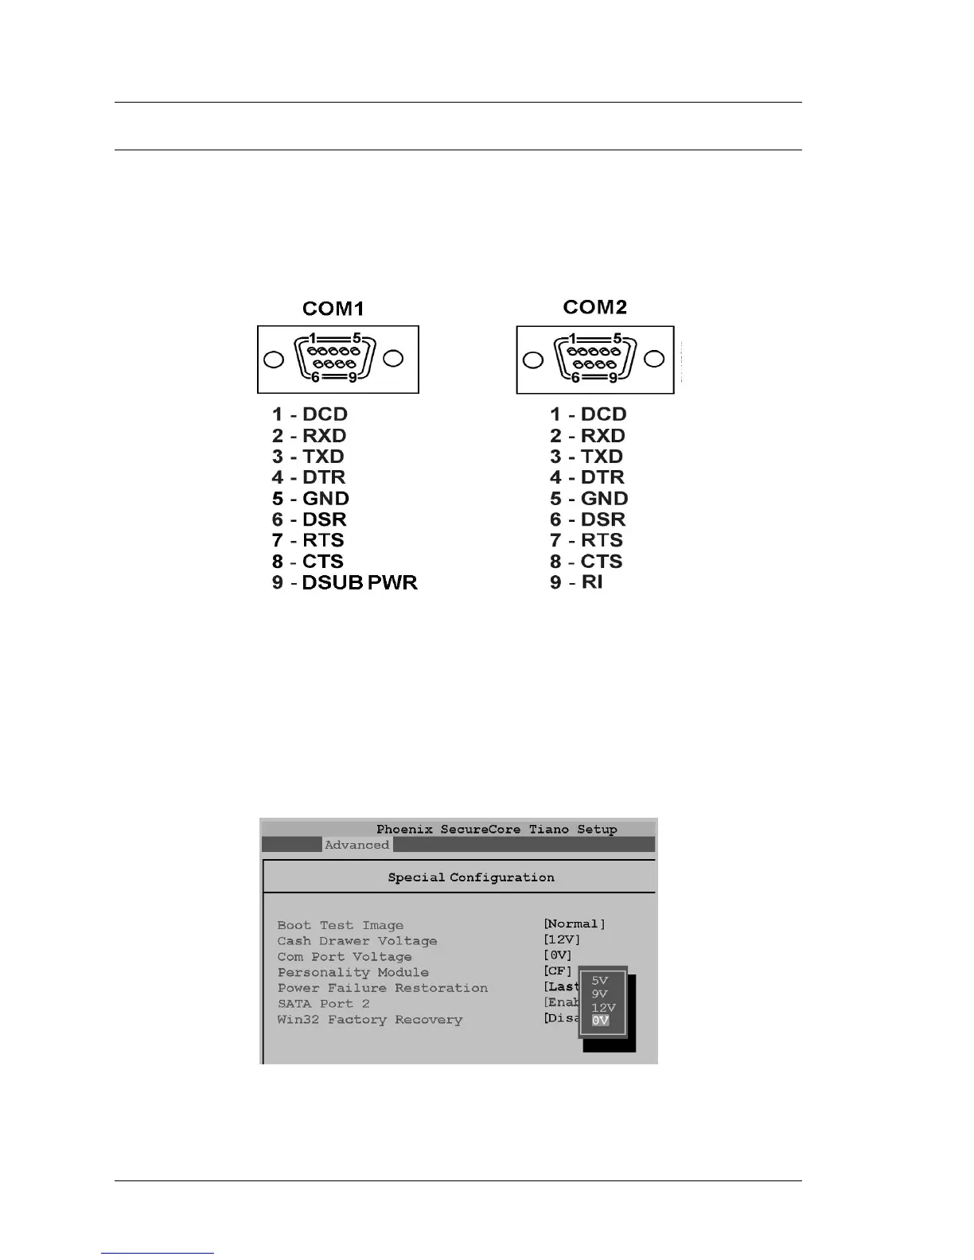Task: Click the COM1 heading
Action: pyautogui.click(x=333, y=309)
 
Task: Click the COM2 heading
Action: pyautogui.click(x=594, y=307)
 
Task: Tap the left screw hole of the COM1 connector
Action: pyautogui.click(x=274, y=360)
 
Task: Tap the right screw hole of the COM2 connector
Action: pyautogui.click(x=654, y=359)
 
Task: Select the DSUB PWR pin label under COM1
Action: pyautogui.click(x=360, y=582)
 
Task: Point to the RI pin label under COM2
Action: pyautogui.click(x=591, y=582)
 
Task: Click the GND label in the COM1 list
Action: pyautogui.click(x=325, y=499)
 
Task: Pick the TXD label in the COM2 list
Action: pyautogui.click(x=602, y=457)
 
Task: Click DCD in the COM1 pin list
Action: pyautogui.click(x=325, y=414)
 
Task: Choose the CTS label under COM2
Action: pyautogui.click(x=602, y=562)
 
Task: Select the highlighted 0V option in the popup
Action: pyautogui.click(x=600, y=1021)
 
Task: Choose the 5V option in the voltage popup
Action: pyautogui.click(x=599, y=981)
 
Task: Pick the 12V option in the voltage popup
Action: pyautogui.click(x=603, y=1008)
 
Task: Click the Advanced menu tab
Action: pyautogui.click(x=356, y=845)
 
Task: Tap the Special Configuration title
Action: pyautogui.click(x=471, y=877)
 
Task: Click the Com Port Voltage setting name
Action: pyautogui.click(x=345, y=957)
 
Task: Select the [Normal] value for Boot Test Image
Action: pyautogui.click(x=575, y=924)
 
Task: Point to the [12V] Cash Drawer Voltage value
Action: pyautogui.click(x=562, y=940)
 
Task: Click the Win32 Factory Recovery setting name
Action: pyautogui.click(x=369, y=1020)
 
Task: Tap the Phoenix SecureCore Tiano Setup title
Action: pyautogui.click(x=497, y=829)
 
